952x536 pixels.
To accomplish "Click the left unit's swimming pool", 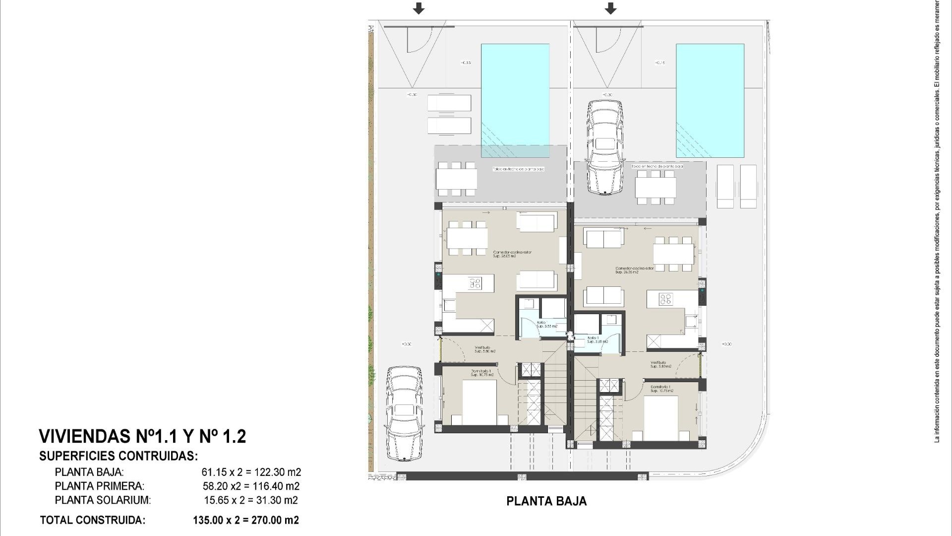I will point(515,99).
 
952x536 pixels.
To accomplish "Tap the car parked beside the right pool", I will point(604,147).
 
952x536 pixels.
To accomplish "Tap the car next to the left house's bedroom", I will point(404,413).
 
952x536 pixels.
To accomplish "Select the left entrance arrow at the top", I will point(419,8).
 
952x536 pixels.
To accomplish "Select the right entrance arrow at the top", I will point(610,8).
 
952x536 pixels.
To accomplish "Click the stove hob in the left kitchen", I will point(475,283).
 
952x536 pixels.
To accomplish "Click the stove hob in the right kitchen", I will point(665,299).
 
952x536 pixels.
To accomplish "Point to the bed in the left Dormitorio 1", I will point(479,402).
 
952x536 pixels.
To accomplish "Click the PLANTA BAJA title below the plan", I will point(546,501).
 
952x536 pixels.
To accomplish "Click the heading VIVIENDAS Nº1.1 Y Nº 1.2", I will point(142,436).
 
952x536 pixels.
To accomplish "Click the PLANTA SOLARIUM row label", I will point(103,500).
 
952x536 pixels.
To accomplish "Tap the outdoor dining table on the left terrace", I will point(456,179).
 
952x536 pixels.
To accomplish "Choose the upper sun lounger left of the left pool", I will point(449,103).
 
